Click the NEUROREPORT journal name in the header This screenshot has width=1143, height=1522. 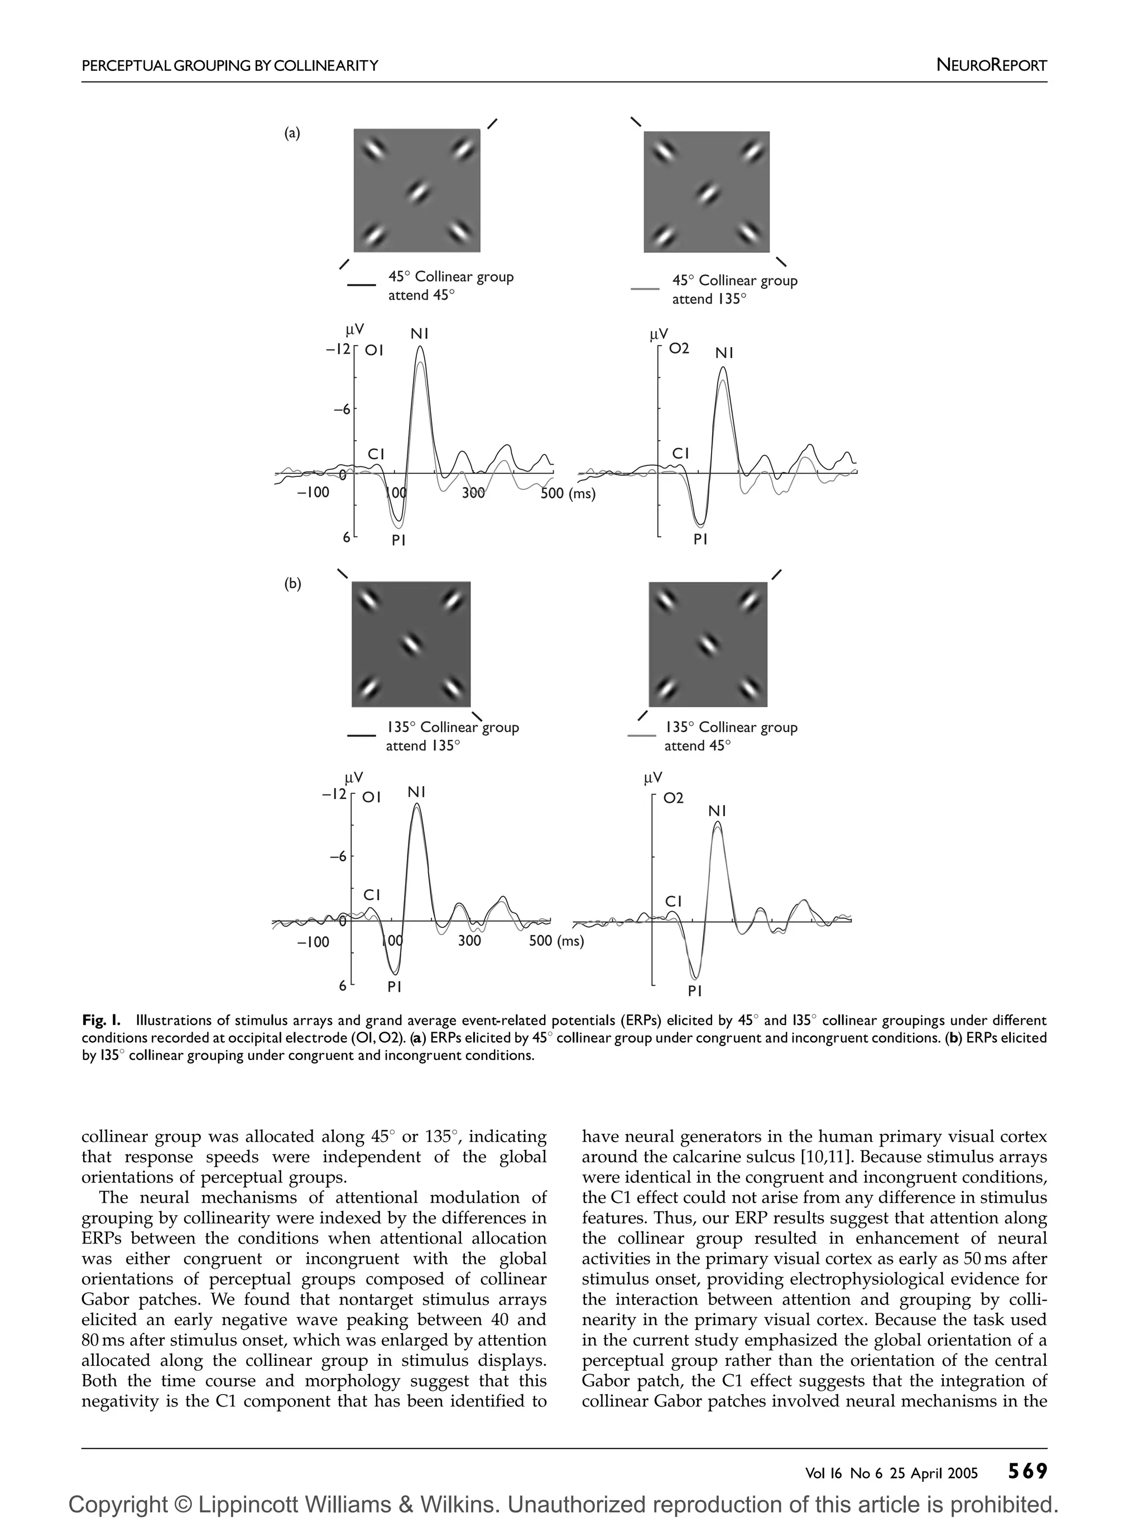(x=991, y=65)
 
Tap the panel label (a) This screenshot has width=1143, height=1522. (x=292, y=133)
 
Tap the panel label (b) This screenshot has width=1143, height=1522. (x=292, y=584)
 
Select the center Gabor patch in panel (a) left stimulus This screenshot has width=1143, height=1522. (x=417, y=191)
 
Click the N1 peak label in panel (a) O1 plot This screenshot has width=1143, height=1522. (x=420, y=334)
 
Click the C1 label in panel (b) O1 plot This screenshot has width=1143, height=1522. (x=372, y=894)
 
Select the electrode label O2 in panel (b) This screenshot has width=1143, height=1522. (x=673, y=798)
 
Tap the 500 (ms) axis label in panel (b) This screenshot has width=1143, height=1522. (x=556, y=941)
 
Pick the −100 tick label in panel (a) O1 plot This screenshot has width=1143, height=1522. (x=313, y=493)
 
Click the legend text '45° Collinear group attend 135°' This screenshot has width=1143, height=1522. (x=734, y=290)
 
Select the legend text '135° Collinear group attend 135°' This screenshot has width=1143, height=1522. (x=452, y=736)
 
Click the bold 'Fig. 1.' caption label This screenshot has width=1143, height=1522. (x=102, y=1020)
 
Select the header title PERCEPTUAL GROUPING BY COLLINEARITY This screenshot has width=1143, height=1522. (x=230, y=66)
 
